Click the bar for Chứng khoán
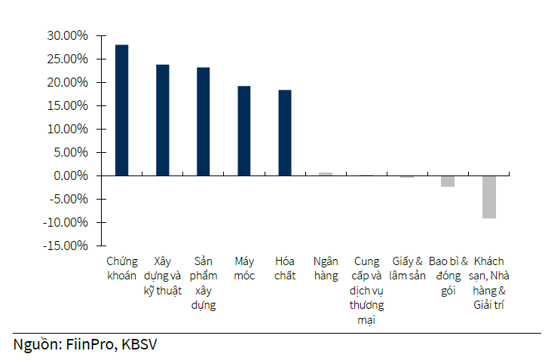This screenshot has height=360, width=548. click(121, 110)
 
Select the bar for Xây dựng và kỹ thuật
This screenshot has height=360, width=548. click(162, 120)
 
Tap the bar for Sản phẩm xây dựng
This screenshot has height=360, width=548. click(203, 121)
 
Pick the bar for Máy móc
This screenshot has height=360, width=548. click(243, 130)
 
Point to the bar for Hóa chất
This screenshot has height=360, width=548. click(284, 133)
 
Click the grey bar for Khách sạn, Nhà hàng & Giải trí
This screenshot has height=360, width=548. click(489, 197)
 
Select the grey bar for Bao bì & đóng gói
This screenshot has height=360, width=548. click(448, 181)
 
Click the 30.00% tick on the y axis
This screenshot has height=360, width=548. click(67, 35)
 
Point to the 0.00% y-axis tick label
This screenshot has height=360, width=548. click(70, 175)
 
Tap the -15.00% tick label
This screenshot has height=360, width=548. click(65, 246)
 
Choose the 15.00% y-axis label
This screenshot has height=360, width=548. click(67, 105)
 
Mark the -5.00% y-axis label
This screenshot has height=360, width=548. click(67, 199)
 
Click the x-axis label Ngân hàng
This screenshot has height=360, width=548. click(326, 269)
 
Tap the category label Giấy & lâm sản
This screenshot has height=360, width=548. click(408, 269)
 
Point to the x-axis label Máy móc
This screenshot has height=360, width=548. click(243, 269)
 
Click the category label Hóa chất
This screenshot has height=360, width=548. click(284, 269)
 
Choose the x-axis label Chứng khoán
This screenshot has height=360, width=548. click(121, 269)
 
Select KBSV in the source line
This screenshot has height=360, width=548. click(139, 344)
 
